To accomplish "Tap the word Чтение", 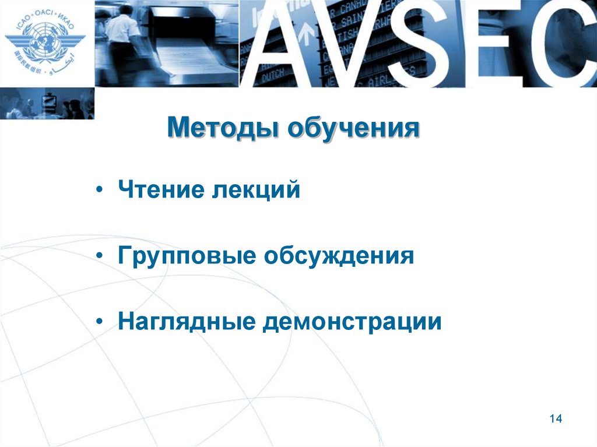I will [x=155, y=190].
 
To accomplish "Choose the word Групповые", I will [x=186, y=256].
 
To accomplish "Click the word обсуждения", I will [x=339, y=255].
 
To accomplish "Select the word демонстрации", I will [x=352, y=322].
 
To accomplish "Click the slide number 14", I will [x=555, y=419].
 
